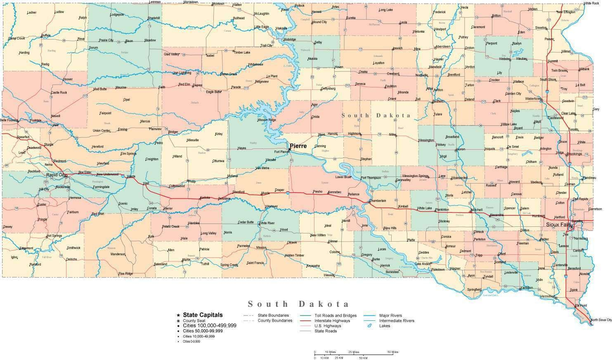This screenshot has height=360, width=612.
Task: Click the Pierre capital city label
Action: tap(298, 146)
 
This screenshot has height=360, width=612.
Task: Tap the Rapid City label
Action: tap(56, 175)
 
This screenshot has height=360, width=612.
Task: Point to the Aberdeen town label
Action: tap(443, 47)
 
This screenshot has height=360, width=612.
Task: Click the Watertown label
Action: tap(533, 99)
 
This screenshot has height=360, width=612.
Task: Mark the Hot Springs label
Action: tap(54, 236)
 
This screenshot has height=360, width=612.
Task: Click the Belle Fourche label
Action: tap(9, 120)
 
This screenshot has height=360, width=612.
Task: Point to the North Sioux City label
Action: tap(601, 320)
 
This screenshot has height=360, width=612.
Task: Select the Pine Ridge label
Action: tap(125, 273)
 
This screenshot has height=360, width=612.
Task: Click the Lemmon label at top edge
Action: tap(155, 2)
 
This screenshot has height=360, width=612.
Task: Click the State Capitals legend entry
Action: tap(203, 315)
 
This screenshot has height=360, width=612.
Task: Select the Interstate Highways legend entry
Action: tap(332, 320)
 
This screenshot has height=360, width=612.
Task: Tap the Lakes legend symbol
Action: tap(370, 326)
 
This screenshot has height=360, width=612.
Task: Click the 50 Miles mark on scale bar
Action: tap(392, 352)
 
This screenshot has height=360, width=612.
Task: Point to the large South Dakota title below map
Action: tap(298, 304)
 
